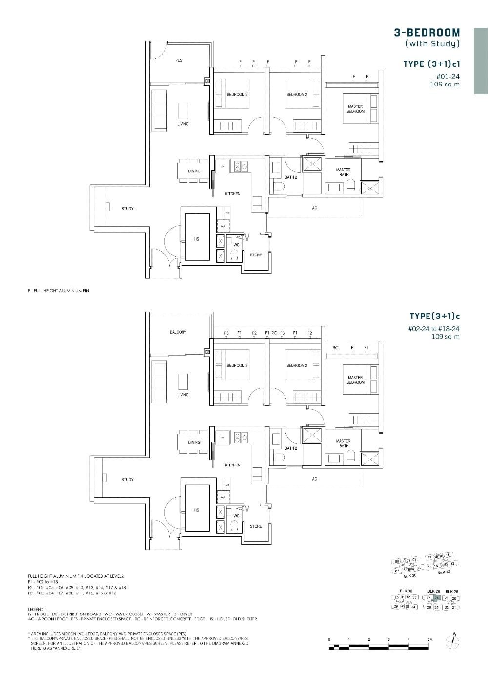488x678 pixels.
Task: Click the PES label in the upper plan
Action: click(x=179, y=60)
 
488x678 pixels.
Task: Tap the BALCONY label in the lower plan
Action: click(x=178, y=332)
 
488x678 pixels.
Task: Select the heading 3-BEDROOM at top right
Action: click(x=427, y=33)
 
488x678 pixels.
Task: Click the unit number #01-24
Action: click(x=447, y=76)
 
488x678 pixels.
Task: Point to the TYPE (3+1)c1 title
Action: click(x=431, y=64)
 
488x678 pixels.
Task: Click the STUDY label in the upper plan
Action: click(x=127, y=209)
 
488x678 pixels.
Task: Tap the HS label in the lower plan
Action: click(x=197, y=510)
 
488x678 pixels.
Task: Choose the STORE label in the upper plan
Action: click(x=256, y=255)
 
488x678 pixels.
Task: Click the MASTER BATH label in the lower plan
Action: click(x=343, y=443)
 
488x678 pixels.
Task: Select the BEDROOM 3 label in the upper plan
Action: click(x=237, y=94)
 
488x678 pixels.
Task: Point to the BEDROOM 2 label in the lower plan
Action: click(x=297, y=365)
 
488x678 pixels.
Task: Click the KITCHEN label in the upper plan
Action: click(x=232, y=194)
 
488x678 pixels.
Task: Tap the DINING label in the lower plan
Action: click(x=194, y=442)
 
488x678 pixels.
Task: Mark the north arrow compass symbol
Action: click(x=454, y=641)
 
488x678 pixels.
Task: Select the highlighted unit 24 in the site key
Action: click(x=437, y=598)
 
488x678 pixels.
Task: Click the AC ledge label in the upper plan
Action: click(x=314, y=208)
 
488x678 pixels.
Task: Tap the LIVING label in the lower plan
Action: click(x=183, y=395)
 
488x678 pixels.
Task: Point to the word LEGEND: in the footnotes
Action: click(x=37, y=610)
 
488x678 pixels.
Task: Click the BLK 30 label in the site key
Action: click(x=406, y=591)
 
